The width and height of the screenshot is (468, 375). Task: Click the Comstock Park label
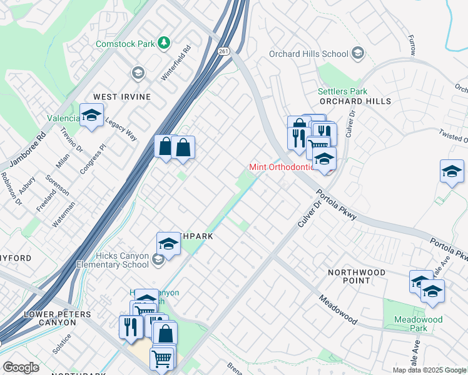(x=124, y=44)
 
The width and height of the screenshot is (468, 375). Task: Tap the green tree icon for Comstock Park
(x=163, y=42)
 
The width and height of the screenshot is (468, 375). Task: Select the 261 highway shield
(x=223, y=51)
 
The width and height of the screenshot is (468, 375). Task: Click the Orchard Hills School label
(x=308, y=54)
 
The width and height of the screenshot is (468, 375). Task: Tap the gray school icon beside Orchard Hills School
(x=357, y=54)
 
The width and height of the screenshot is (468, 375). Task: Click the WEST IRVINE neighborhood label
(x=122, y=97)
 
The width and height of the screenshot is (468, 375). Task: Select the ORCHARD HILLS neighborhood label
(x=355, y=101)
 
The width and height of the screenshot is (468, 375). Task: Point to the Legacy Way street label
(x=121, y=129)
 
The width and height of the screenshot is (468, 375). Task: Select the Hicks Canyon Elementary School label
(x=113, y=260)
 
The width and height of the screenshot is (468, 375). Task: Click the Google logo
(x=21, y=367)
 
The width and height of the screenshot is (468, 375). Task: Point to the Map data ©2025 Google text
(x=429, y=370)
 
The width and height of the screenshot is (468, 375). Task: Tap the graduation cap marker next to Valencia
(x=91, y=116)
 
